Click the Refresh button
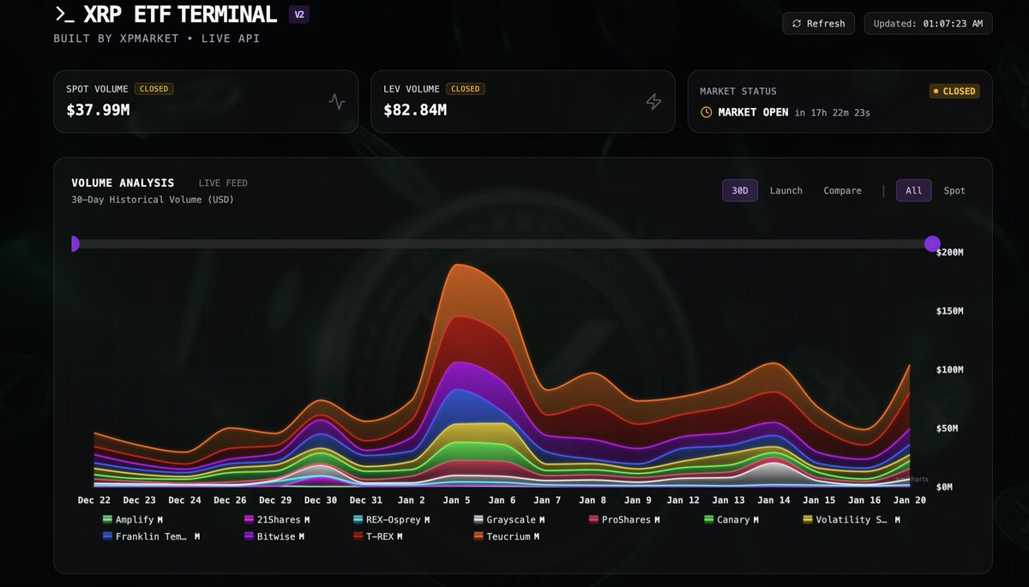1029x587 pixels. click(x=819, y=23)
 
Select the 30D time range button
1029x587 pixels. click(x=739, y=190)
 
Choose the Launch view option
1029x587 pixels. click(x=785, y=190)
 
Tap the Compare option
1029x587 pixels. click(x=842, y=190)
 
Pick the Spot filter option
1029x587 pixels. click(x=954, y=190)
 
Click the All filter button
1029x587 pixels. click(x=914, y=190)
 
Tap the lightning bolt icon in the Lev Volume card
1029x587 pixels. click(x=653, y=102)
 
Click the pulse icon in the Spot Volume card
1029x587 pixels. click(x=336, y=102)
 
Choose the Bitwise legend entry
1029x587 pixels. click(x=274, y=536)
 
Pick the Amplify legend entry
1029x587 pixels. click(x=133, y=519)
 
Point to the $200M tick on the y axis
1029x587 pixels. click(x=950, y=253)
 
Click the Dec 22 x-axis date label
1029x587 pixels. click(x=93, y=500)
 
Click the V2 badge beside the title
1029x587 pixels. click(x=298, y=15)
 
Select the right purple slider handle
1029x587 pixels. click(x=932, y=243)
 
